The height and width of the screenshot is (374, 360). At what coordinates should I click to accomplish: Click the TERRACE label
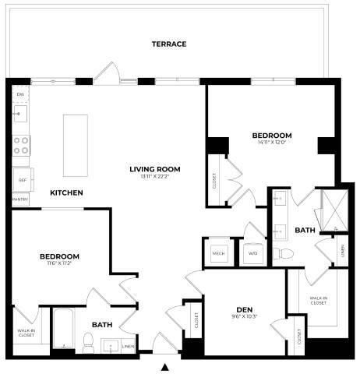pos(168,44)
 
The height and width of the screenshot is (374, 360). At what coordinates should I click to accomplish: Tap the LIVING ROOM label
pos(155,168)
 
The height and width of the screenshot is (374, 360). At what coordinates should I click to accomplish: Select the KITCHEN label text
pos(67,192)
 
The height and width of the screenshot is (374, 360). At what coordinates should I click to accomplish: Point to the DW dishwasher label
pos(19,93)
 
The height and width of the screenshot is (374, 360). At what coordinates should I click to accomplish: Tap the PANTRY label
pos(20,200)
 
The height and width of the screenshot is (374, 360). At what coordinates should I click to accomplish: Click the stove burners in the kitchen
pos(21,143)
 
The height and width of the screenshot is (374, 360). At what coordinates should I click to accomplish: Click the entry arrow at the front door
pos(164,366)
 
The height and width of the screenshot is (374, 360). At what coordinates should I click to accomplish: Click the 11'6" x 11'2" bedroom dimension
pos(59,264)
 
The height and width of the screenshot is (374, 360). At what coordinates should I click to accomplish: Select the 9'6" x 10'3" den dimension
pos(243,316)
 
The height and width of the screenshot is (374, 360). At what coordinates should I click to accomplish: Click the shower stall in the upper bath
pos(333,209)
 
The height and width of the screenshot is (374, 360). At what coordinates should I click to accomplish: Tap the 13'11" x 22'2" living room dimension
pos(155,177)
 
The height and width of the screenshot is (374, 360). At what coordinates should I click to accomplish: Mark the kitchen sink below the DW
pos(19,114)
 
